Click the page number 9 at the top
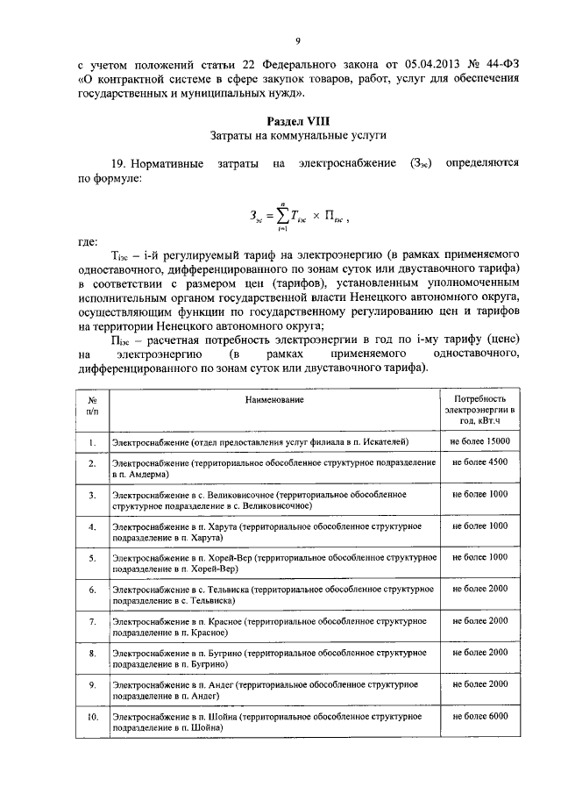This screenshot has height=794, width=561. pos(297,41)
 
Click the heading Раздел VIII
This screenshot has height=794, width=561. pos(297,119)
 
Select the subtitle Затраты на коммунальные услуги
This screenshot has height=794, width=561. pos(297,135)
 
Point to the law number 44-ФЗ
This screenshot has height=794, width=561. pos(495,64)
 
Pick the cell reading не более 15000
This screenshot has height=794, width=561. pos(479,440)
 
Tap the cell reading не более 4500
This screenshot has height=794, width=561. pos(479,461)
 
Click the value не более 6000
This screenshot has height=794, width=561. pos(479,717)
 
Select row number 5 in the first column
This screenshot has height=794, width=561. pos(92,557)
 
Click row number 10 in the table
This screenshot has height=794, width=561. pos(92,718)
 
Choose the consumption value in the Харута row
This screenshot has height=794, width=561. pos(479,526)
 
